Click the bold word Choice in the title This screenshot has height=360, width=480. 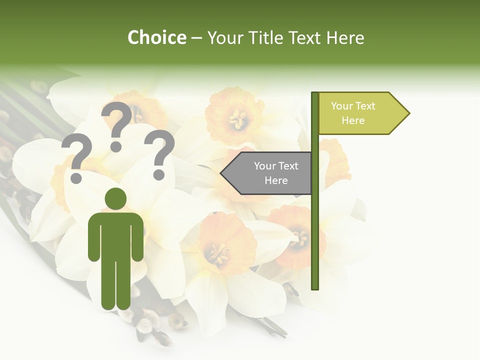[156, 37]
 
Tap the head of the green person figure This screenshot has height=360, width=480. [115, 198]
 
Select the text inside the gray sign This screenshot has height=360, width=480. [276, 173]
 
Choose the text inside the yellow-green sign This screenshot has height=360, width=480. [353, 113]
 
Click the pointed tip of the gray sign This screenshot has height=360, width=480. [222, 173]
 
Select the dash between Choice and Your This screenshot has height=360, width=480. [196, 38]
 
